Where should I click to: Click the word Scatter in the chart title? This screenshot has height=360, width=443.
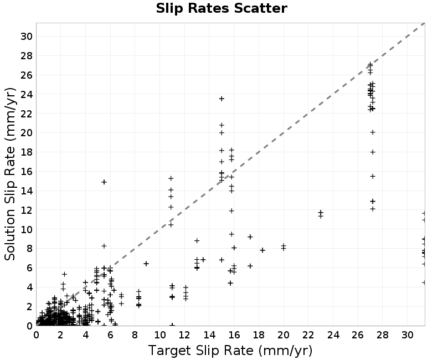click(260, 8)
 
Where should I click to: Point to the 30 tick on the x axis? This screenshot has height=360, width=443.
click(407, 335)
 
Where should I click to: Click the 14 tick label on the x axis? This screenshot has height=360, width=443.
click(209, 335)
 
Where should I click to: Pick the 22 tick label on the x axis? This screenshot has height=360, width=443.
click(308, 335)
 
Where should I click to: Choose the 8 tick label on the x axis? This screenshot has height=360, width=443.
click(135, 335)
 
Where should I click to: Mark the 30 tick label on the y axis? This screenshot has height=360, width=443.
click(27, 37)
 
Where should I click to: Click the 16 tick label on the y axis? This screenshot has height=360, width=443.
click(27, 172)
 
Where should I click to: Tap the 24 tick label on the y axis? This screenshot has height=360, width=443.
click(27, 94)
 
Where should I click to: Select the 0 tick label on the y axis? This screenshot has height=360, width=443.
click(30, 326)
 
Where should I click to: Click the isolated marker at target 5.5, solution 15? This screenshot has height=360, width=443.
click(104, 182)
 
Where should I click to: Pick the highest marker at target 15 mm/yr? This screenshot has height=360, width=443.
click(222, 99)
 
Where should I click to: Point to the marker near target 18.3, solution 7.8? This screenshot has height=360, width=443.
click(262, 250)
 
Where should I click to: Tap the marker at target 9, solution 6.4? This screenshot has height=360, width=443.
click(146, 264)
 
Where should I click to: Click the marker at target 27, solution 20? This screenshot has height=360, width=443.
click(373, 132)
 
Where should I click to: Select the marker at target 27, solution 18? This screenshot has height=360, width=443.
click(373, 152)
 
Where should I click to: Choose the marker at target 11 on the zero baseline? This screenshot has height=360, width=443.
click(172, 325)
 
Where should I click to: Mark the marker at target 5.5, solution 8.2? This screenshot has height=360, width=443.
click(104, 246)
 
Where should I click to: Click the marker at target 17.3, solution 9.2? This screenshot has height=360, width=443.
click(250, 237)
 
